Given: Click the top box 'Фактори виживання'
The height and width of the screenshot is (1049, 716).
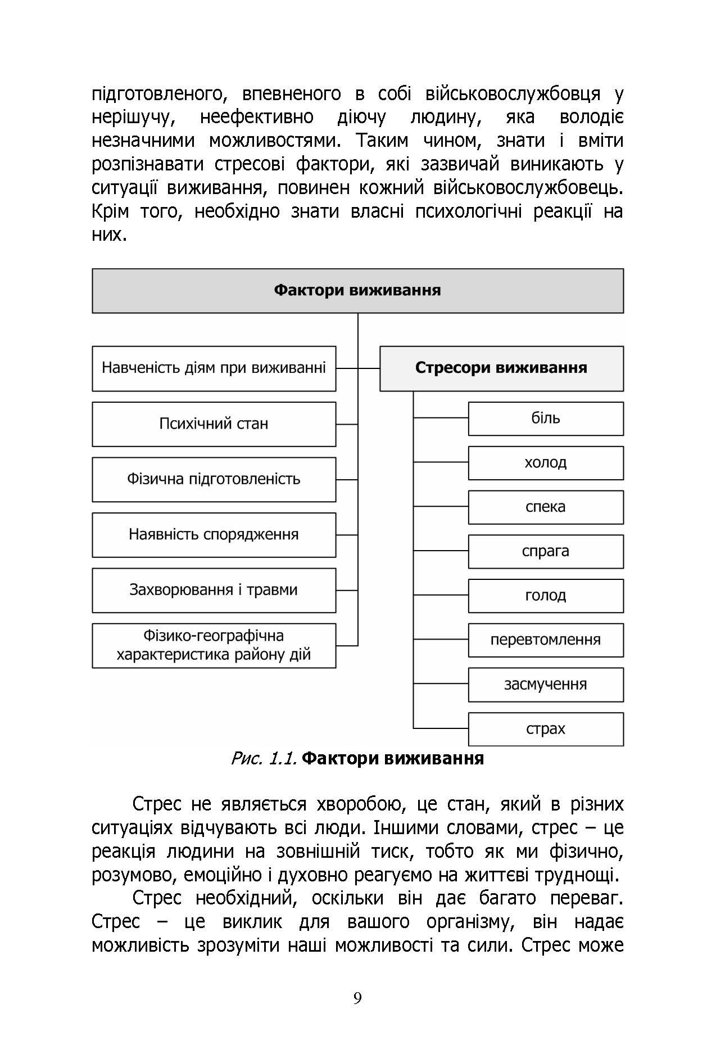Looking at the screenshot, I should click(357, 291).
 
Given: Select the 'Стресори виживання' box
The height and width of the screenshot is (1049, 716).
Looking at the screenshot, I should click(501, 368).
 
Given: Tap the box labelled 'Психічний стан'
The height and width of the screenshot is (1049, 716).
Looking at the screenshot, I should click(214, 424).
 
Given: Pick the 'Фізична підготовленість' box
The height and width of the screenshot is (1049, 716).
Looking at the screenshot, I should click(214, 479).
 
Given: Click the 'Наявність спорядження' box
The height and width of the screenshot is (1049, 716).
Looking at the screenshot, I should click(214, 534).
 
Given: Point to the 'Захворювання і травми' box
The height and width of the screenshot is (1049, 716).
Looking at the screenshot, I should click(214, 590).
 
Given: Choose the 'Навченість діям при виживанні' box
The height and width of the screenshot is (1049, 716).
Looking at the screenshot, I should click(214, 368).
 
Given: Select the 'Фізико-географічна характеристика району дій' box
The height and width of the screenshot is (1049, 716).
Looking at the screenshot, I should click(214, 645).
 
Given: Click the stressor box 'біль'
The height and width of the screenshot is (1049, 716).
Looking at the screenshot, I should click(546, 418).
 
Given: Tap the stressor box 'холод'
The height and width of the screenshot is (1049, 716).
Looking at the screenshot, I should click(546, 463).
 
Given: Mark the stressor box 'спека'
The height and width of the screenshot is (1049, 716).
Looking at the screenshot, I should click(546, 507).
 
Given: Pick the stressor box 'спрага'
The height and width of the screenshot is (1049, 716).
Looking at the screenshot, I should click(546, 551).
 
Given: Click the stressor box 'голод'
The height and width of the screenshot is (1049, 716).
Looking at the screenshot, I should click(546, 596).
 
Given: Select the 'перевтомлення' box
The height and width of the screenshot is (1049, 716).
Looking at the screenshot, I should click(546, 640).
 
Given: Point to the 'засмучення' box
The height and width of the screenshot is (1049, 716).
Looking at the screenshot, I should click(546, 685).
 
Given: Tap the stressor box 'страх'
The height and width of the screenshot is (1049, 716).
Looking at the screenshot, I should click(546, 729).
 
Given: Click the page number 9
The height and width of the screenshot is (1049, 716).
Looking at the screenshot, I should click(357, 998).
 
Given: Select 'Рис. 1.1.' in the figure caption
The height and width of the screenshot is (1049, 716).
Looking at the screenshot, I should click(263, 759).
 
